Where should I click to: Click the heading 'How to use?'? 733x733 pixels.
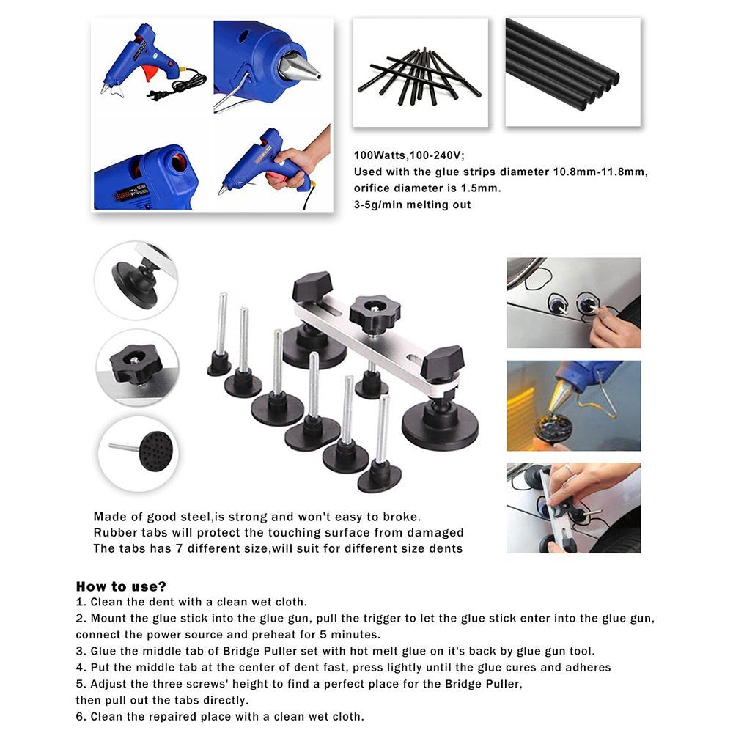(x=121, y=586)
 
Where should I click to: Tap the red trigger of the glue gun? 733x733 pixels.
(x=150, y=73)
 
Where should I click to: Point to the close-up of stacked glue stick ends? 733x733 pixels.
(x=572, y=72)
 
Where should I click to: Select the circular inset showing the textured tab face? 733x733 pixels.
(x=138, y=452)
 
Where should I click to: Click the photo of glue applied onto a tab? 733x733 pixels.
(x=573, y=405)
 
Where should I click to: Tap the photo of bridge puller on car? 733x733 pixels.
(x=573, y=507)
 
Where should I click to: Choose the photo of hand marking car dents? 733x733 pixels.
(x=573, y=302)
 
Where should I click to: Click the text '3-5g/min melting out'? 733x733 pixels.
(x=412, y=205)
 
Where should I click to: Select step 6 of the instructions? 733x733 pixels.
(x=220, y=717)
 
